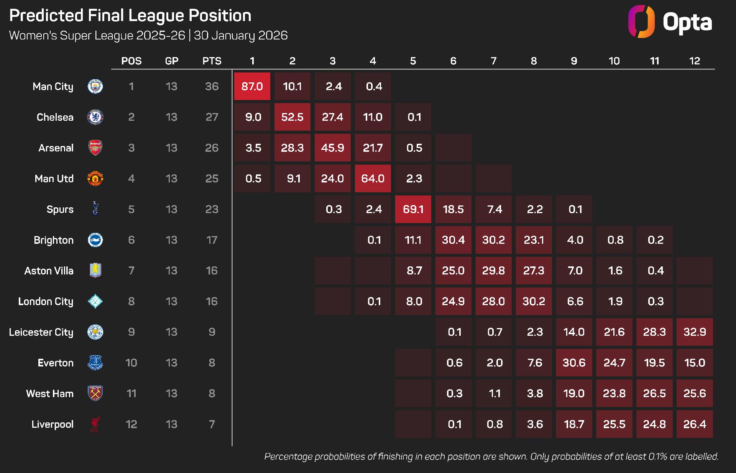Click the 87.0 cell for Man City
coord(252,86)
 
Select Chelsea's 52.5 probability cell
coord(292,117)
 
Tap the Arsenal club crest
coord(95,148)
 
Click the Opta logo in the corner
coord(670,21)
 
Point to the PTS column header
coord(212,61)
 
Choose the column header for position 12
coord(694,61)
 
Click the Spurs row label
coord(60,209)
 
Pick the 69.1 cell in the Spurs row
coord(413,209)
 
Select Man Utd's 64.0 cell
coord(373,179)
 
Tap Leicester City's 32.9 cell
coord(694,332)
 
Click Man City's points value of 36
coord(212,86)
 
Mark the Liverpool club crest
coord(95,424)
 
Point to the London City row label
coord(46,301)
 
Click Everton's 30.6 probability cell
coord(574,363)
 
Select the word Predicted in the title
coord(46,16)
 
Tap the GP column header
coord(172,61)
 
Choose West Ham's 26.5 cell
coord(654,393)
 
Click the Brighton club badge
coord(95,240)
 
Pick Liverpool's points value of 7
coord(212,424)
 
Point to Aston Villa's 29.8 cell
coord(493,271)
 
